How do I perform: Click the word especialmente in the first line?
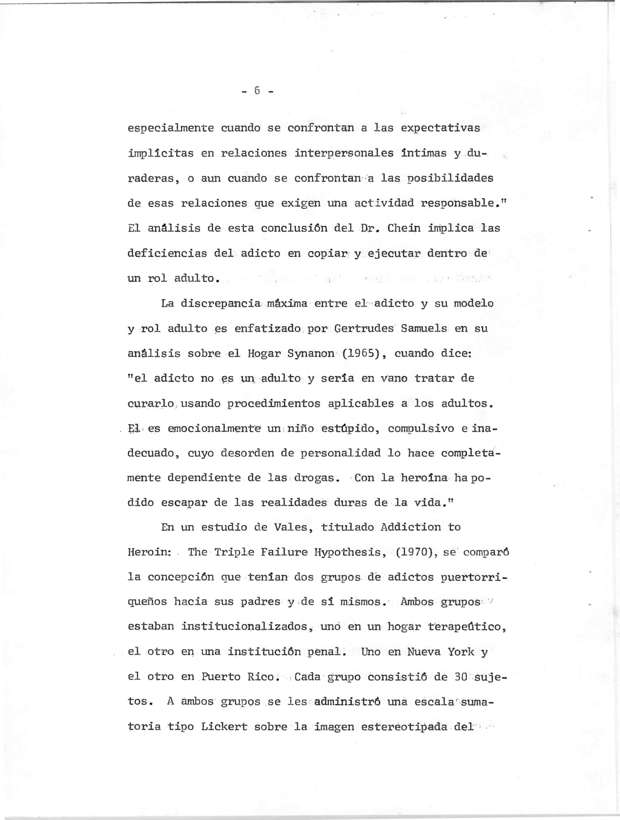(171, 128)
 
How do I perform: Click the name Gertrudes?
(364, 328)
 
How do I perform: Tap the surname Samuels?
(424, 328)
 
